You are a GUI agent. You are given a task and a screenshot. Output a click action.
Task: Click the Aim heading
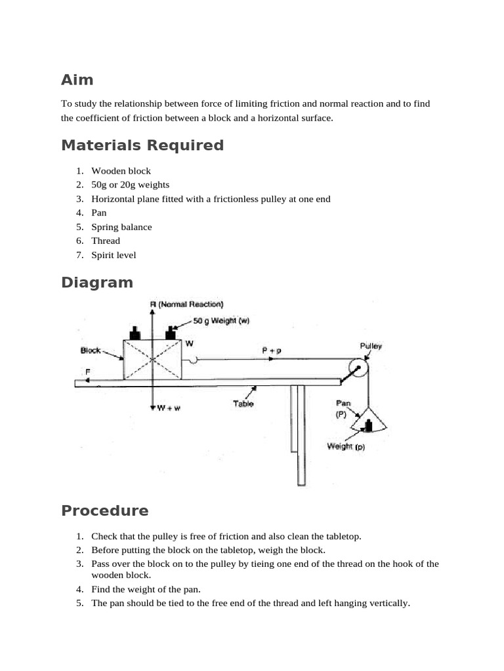tap(77, 80)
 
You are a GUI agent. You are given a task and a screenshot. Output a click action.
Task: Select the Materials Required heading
tap(142, 145)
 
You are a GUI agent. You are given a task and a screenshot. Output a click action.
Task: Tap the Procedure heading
tap(105, 510)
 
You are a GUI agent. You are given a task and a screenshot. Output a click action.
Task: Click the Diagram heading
tap(97, 282)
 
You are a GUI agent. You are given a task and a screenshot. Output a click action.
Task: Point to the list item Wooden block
tap(121, 171)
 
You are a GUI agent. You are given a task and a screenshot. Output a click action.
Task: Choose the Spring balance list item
tap(121, 227)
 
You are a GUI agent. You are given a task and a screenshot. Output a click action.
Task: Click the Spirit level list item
tap(114, 255)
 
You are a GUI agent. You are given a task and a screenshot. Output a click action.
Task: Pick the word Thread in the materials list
tap(106, 240)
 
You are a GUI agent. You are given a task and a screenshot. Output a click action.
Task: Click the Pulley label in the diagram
tap(371, 345)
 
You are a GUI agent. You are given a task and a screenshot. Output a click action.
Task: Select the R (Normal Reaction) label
tap(186, 304)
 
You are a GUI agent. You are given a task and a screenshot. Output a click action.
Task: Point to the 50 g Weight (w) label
tap(221, 320)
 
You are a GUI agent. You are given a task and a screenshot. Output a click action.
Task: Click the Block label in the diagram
tap(91, 350)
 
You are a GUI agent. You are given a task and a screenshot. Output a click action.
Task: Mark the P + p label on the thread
tap(270, 351)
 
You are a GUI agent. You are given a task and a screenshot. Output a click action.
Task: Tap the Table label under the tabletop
tap(243, 404)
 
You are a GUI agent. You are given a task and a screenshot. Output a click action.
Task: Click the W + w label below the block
tap(169, 408)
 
